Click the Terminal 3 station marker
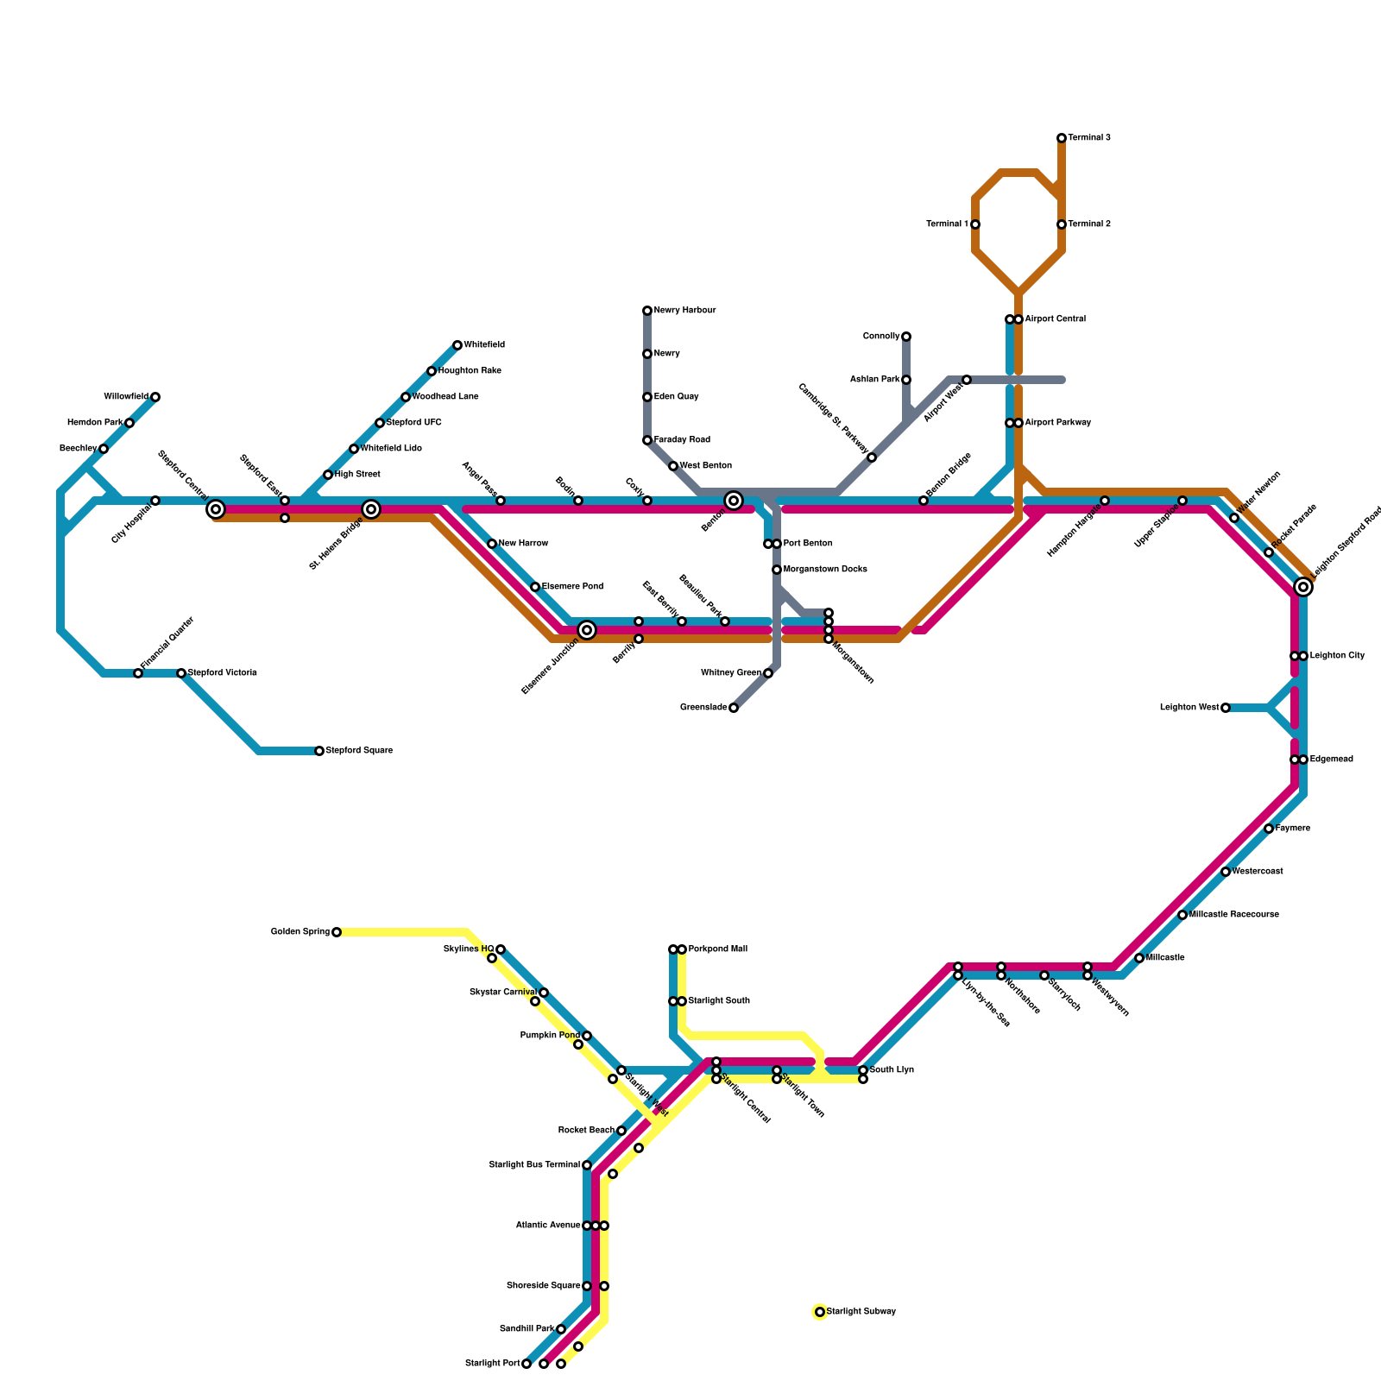pos(1062,138)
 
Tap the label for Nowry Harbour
pos(684,311)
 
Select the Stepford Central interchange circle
pos(216,509)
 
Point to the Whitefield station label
pos(484,345)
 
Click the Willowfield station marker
pos(155,397)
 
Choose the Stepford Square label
pos(359,751)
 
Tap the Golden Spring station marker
pos(337,932)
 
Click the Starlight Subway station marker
pos(820,1312)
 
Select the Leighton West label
pos(1189,708)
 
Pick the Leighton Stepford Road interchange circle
pos(1303,587)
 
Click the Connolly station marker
pos(906,337)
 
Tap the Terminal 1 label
pos(947,224)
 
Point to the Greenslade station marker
pos(734,708)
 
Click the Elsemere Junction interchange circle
pos(587,630)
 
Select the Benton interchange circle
pos(734,501)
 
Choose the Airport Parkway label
pos(1058,423)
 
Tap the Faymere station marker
pos(1269,829)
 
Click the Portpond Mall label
pos(718,949)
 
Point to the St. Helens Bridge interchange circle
pos(371,509)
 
